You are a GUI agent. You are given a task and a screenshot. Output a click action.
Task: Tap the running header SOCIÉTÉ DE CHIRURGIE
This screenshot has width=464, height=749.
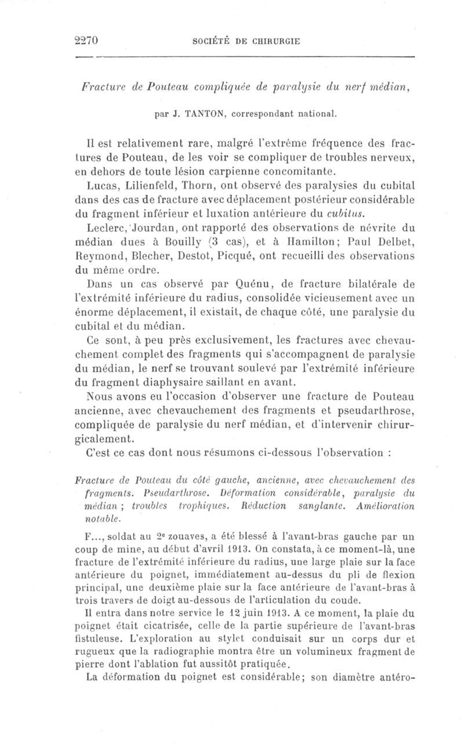[246, 41]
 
